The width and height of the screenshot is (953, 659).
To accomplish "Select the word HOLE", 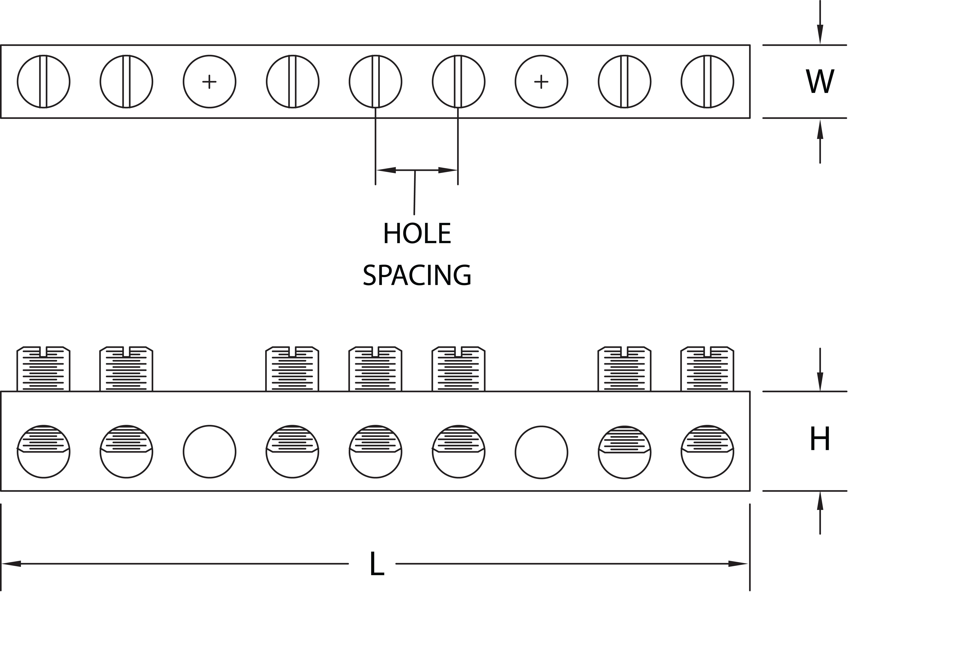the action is point(417,234).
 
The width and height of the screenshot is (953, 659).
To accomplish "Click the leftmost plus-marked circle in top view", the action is point(209,82).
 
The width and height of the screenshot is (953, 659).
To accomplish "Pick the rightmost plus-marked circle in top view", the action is point(541,82).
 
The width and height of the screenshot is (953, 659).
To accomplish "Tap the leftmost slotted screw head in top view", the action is point(43,82).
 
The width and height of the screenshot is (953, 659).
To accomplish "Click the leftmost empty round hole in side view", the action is point(209,452).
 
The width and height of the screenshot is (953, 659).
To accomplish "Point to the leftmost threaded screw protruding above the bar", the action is point(43,369).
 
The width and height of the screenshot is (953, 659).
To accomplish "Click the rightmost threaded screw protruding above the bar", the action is point(707,369).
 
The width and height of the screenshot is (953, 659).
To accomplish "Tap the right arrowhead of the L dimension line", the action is point(738,564).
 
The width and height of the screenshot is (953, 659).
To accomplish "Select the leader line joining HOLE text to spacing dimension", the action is point(415,192).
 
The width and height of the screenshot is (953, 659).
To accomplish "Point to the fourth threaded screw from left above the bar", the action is point(375,369).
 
